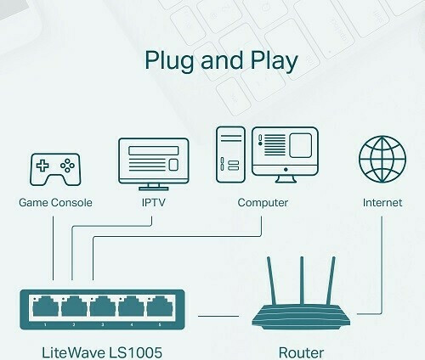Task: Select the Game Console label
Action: pyautogui.click(x=55, y=203)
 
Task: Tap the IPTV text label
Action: pyautogui.click(x=153, y=203)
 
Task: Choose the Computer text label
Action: pyautogui.click(x=263, y=203)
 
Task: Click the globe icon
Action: pyautogui.click(x=382, y=158)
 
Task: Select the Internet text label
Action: pyautogui.click(x=382, y=203)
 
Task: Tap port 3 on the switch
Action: pyautogui.click(x=102, y=307)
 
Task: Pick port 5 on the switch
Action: pyautogui.click(x=159, y=307)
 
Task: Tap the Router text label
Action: pyautogui.click(x=302, y=351)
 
